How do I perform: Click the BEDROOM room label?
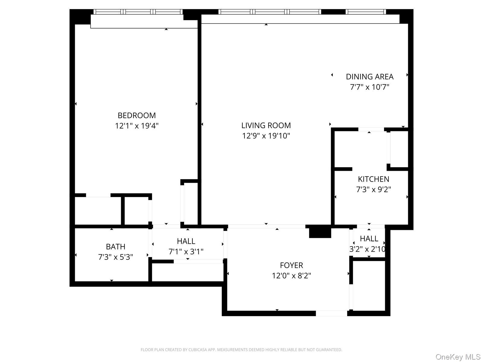tap(136, 115)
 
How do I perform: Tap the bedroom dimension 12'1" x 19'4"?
tap(136, 126)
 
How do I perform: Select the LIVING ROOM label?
tap(266, 125)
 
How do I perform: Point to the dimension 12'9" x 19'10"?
tap(266, 136)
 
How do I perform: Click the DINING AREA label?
tap(369, 77)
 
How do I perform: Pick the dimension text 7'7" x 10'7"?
tap(369, 87)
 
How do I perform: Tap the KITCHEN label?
tap(373, 179)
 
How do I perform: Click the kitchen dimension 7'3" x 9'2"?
tap(373, 189)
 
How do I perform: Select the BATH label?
tap(115, 246)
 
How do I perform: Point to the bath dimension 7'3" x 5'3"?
tap(115, 257)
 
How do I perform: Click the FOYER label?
tap(291, 265)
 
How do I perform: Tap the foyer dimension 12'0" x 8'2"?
tap(291, 276)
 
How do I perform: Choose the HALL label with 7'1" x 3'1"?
tap(186, 241)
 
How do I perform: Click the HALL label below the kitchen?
tap(369, 239)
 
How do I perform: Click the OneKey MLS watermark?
tap(458, 357)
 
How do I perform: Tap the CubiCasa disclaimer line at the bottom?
tap(241, 350)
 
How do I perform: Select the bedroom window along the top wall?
tap(138, 12)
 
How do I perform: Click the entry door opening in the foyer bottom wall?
tap(331, 313)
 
